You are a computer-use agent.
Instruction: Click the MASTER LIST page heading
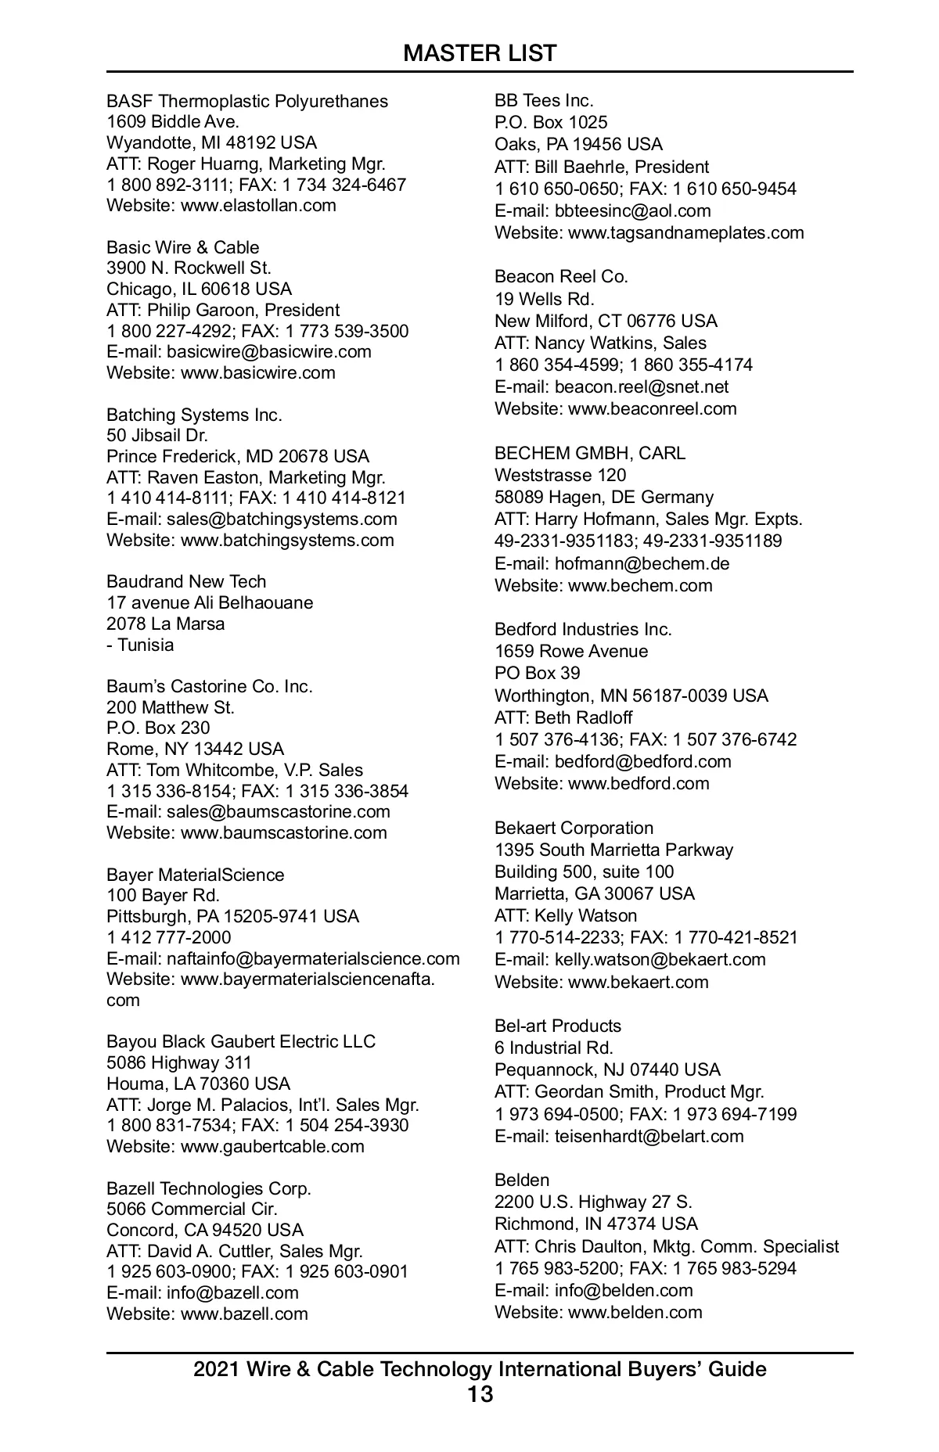pos(480,53)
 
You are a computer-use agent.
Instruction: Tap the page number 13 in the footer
pos(480,1394)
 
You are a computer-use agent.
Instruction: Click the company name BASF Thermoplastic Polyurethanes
pos(247,101)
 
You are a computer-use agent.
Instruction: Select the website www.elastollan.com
pos(258,206)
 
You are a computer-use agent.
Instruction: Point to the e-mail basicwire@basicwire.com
pos(269,352)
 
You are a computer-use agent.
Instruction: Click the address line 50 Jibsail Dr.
pos(157,436)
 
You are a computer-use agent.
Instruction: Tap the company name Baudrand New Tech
pos(186,582)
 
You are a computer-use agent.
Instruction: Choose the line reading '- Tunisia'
pos(140,645)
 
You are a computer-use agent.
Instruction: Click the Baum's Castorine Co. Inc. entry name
pos(210,687)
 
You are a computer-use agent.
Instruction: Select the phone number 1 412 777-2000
pos(169,937)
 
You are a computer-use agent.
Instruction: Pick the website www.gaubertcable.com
pos(272,1147)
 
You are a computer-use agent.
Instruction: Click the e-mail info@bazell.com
pos(232,1293)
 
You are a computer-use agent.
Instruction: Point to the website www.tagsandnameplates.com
pos(685,232)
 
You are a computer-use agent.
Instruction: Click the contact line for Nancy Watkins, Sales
pos(600,343)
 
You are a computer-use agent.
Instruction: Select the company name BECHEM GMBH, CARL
pos(590,453)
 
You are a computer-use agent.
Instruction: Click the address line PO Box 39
pos(538,673)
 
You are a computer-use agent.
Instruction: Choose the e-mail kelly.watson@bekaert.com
pos(660,959)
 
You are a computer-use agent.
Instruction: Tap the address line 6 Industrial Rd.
pos(554,1048)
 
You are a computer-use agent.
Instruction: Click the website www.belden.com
pos(635,1312)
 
